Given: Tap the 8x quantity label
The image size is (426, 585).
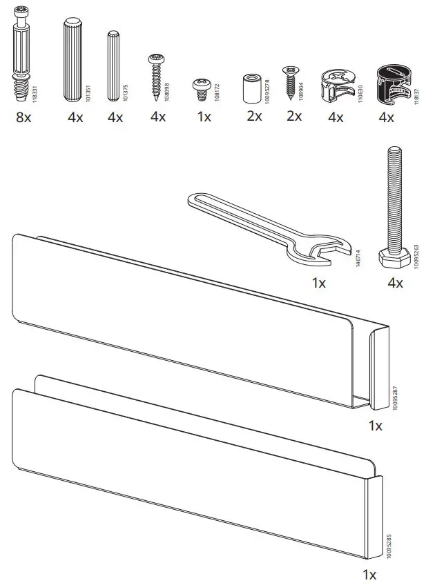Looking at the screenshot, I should click(x=23, y=117).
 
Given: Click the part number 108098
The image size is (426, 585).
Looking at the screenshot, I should click(x=168, y=88).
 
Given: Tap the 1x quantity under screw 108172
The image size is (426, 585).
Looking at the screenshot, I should click(x=204, y=117).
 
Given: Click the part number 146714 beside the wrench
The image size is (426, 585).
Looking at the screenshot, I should click(x=357, y=259).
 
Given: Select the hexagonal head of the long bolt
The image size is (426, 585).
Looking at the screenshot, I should click(x=394, y=259).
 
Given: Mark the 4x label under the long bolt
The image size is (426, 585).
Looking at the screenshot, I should click(x=396, y=283).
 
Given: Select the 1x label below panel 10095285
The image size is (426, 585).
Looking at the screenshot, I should click(x=369, y=574).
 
